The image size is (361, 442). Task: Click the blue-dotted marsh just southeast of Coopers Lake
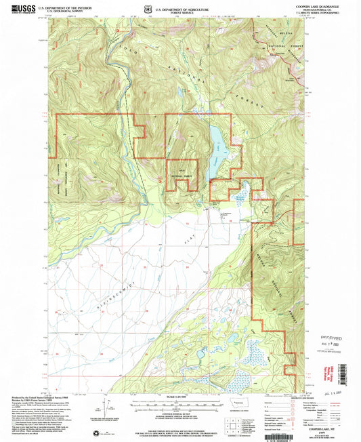[x=240, y=197]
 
